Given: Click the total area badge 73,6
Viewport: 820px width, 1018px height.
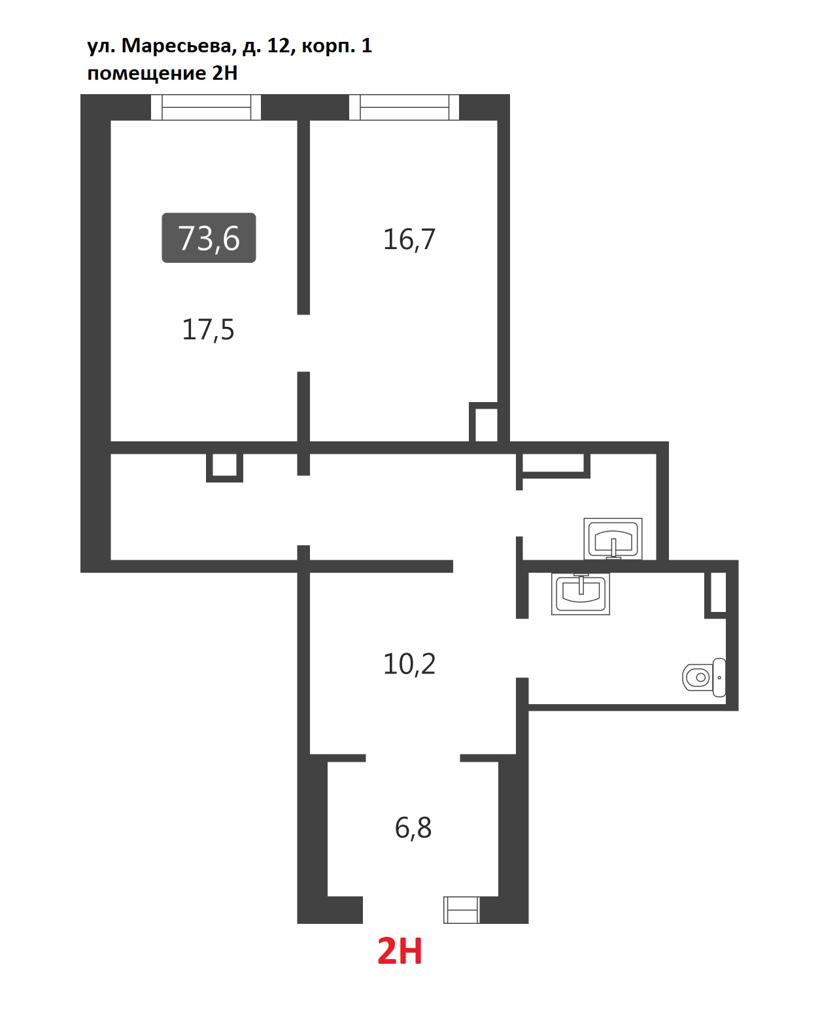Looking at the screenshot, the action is point(209,237).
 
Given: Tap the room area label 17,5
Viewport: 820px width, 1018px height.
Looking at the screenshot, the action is point(208,330).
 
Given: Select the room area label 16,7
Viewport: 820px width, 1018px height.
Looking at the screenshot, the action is point(409,239).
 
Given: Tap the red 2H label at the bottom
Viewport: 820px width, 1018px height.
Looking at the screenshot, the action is point(400,951).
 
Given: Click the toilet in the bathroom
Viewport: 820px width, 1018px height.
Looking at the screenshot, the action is point(704,677).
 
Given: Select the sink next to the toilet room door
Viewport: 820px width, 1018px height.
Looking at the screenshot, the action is point(581,594).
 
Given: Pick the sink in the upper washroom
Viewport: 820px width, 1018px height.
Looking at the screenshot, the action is point(613,539).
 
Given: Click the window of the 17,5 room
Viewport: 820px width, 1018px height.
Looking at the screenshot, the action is point(206,107).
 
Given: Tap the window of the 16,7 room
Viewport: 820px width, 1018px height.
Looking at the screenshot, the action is point(404,107).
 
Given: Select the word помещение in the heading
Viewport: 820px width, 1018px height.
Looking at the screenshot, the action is point(146,73).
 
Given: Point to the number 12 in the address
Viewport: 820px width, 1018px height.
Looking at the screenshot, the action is point(279,45).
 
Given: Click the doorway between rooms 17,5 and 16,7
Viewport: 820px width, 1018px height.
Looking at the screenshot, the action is point(303,343).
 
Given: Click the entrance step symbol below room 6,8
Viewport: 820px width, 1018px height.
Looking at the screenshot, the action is point(462,909).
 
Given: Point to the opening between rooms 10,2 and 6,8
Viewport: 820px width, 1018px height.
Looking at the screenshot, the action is point(413,758).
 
